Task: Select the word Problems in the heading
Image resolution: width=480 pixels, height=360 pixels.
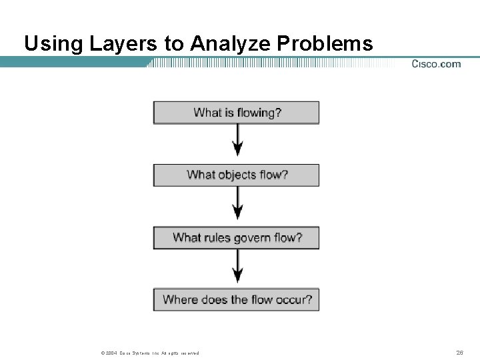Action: pos(325,44)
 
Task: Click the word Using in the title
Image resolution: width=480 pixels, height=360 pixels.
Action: pos(52,44)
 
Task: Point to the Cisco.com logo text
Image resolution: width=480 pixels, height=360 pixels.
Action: pos(436,64)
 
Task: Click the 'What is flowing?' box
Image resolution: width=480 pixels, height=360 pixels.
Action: pos(237,113)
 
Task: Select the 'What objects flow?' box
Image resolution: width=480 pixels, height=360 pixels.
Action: pos(237,175)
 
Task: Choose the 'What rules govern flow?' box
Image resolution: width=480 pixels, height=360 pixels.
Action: pos(237,237)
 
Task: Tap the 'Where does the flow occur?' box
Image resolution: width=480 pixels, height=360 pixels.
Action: pos(237,299)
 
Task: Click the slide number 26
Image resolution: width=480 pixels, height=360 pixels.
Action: pos(459,353)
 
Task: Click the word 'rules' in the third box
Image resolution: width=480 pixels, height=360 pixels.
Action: pos(217,237)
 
